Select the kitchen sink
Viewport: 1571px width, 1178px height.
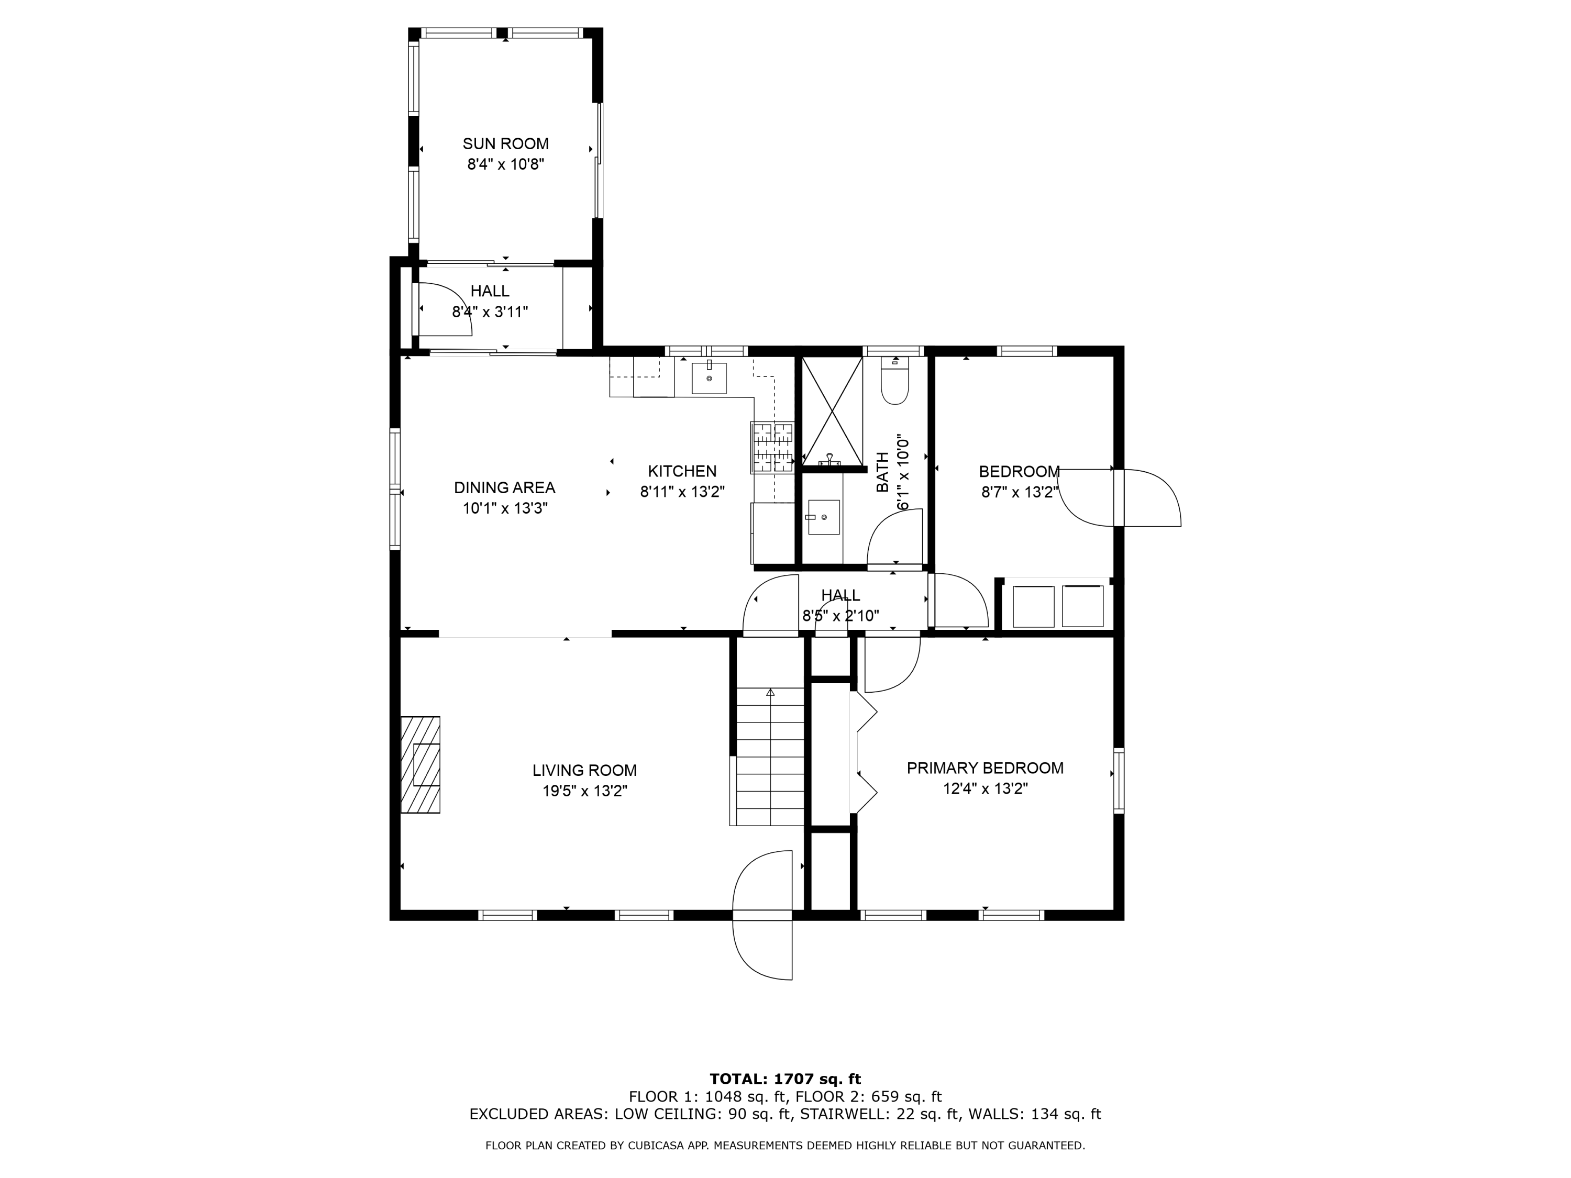pyautogui.click(x=709, y=378)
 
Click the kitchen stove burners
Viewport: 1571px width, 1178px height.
pyautogui.click(x=772, y=447)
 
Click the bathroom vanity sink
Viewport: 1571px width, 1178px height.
pyautogui.click(x=823, y=517)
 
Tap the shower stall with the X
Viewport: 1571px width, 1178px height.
pyautogui.click(x=832, y=410)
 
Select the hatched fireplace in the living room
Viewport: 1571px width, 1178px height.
pyautogui.click(x=421, y=765)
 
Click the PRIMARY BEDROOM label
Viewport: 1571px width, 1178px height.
pyautogui.click(x=984, y=768)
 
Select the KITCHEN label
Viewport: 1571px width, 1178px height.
pyautogui.click(x=682, y=471)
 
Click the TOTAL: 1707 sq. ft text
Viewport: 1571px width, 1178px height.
pyautogui.click(x=785, y=1079)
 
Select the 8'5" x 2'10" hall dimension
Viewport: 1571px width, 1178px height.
pyautogui.click(x=840, y=616)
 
